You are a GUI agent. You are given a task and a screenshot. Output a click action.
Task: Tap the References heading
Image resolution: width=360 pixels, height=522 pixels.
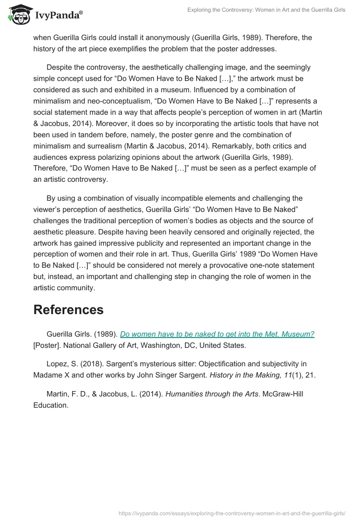click(68, 310)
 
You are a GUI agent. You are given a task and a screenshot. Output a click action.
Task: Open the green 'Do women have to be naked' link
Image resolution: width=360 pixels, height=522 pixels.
click(217, 334)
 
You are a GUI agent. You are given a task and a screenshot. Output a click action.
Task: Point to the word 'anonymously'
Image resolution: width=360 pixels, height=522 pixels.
click(165, 38)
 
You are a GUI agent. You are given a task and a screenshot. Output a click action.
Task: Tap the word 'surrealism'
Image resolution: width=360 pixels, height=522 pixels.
click(102, 146)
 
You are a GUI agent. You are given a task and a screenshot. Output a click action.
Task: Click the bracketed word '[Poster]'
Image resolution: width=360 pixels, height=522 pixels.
click(48, 345)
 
